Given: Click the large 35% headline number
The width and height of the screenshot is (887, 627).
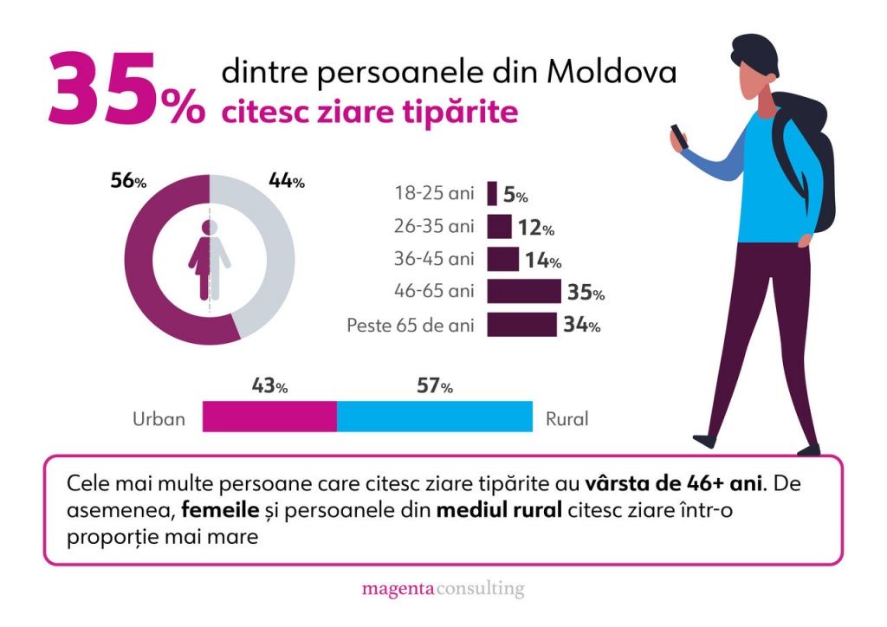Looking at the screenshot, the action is click(x=126, y=88).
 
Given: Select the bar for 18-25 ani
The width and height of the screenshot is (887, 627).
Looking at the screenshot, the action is click(x=492, y=193).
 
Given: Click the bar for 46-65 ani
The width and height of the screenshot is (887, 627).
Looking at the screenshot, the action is click(x=524, y=291).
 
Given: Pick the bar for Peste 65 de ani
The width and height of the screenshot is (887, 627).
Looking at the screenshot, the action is click(x=521, y=325).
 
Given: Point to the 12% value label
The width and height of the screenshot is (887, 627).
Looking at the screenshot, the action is click(x=535, y=228).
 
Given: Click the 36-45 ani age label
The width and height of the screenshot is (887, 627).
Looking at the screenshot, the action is click(x=434, y=259).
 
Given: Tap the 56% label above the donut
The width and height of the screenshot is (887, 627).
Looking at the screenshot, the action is click(x=128, y=181).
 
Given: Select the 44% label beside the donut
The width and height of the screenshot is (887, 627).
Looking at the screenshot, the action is click(x=286, y=181).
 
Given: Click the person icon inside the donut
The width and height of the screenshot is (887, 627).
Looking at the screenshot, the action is click(x=210, y=260).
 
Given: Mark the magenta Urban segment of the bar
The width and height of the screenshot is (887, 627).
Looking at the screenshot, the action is click(x=270, y=417).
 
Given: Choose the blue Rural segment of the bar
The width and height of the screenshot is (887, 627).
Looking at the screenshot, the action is click(x=435, y=417).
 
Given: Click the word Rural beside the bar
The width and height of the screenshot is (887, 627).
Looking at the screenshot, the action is click(x=567, y=419).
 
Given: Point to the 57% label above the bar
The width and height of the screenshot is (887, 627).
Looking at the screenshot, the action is click(x=435, y=386).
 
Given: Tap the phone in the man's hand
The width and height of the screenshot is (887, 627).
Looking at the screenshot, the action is click(x=679, y=137).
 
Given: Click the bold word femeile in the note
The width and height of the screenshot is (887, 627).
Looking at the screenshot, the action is click(x=220, y=510).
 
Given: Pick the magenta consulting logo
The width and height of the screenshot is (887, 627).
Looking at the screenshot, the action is click(x=443, y=589).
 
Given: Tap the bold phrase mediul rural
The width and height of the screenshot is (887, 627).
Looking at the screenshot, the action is click(x=499, y=510).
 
